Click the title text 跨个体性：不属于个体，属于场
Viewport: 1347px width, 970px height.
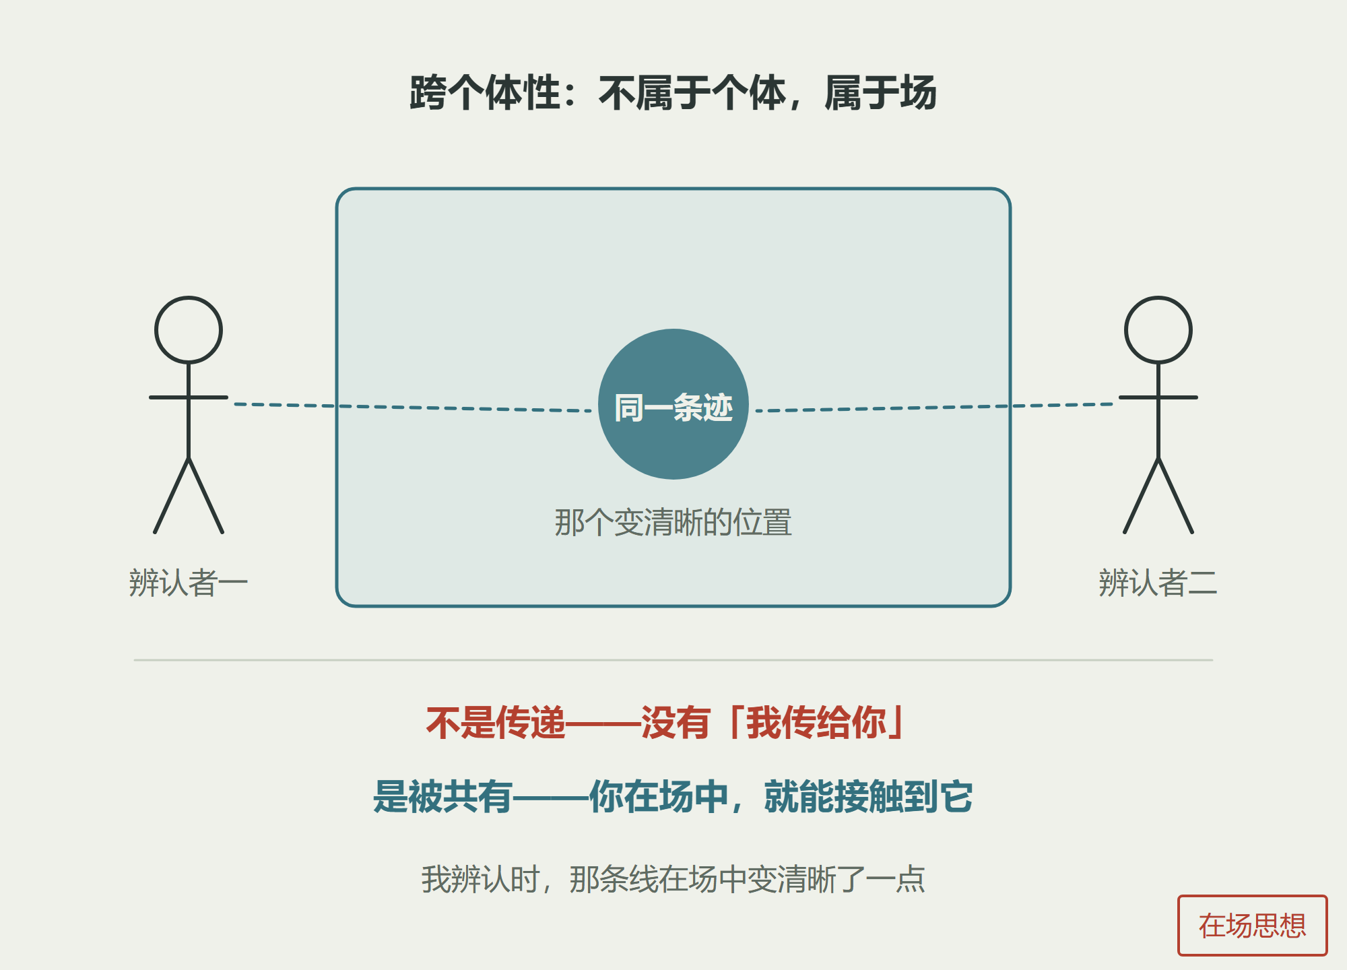pyautogui.click(x=673, y=93)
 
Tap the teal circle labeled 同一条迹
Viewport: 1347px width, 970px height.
pyautogui.click(x=673, y=404)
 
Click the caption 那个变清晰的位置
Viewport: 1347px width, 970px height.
pyautogui.click(x=673, y=523)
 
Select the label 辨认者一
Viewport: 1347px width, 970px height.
pyautogui.click(x=189, y=583)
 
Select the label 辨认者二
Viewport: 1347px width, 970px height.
pyautogui.click(x=1158, y=583)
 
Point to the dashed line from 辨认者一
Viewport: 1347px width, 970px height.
pyautogui.click(x=413, y=408)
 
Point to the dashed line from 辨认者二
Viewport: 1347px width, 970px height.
pyautogui.click(x=934, y=408)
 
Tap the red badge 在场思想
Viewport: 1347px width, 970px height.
pyautogui.click(x=1253, y=926)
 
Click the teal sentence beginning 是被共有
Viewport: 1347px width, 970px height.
pyautogui.click(x=673, y=796)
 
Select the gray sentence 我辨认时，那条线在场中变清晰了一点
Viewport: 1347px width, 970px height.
pyautogui.click(x=673, y=879)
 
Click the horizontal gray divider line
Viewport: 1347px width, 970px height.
pyautogui.click(x=673, y=660)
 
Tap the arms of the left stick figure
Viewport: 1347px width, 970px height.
pyautogui.click(x=189, y=397)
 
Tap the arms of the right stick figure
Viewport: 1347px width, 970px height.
pyautogui.click(x=1158, y=397)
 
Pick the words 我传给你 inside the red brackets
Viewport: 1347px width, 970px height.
pyautogui.click(x=816, y=723)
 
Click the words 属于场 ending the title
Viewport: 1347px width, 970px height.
pyautogui.click(x=881, y=93)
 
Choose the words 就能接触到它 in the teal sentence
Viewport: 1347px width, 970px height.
pyautogui.click(x=869, y=796)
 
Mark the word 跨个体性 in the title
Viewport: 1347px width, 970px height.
pyautogui.click(x=485, y=93)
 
